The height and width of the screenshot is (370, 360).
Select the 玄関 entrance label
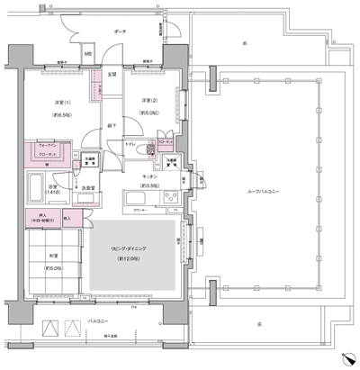[x=112, y=74]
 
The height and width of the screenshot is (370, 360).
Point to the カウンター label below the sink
[x=140, y=210]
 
